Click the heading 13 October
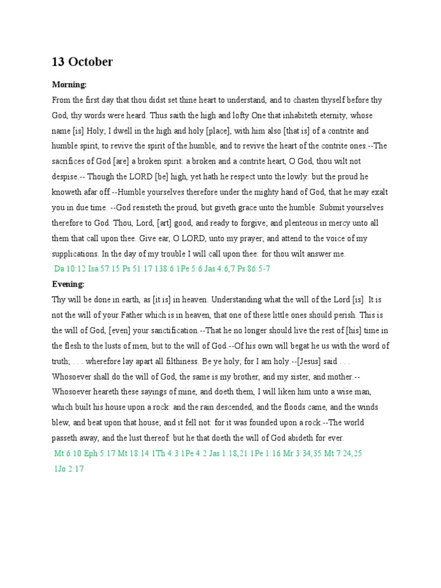(82, 62)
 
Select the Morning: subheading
(69, 84)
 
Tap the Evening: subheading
(68, 284)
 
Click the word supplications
(75, 253)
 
